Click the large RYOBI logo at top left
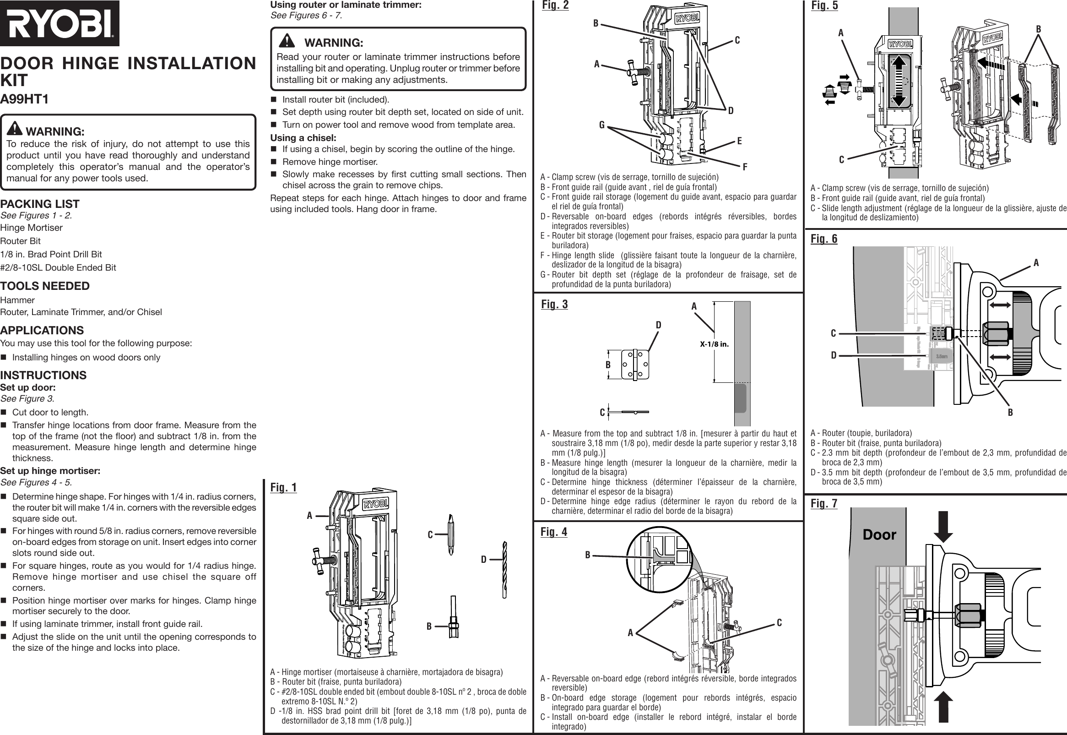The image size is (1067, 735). pyautogui.click(x=60, y=23)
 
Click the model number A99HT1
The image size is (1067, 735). pyautogui.click(x=24, y=99)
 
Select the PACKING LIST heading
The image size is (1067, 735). pyautogui.click(x=39, y=203)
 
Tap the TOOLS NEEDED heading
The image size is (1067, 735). pyautogui.click(x=45, y=286)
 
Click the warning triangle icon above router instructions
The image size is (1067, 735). pyautogui.click(x=287, y=41)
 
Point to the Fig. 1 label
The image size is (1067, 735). pyautogui.click(x=283, y=487)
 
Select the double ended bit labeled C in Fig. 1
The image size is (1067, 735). pyautogui.click(x=450, y=535)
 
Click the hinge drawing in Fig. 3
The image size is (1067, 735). pyautogui.click(x=635, y=364)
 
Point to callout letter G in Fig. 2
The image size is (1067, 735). pyautogui.click(x=601, y=125)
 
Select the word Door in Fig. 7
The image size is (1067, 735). pyautogui.click(x=879, y=535)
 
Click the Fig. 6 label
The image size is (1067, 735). pyautogui.click(x=824, y=239)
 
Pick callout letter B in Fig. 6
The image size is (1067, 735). pyautogui.click(x=1010, y=413)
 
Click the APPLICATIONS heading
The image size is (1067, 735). pyautogui.click(x=42, y=330)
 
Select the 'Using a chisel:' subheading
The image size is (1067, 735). pyautogui.click(x=303, y=138)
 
